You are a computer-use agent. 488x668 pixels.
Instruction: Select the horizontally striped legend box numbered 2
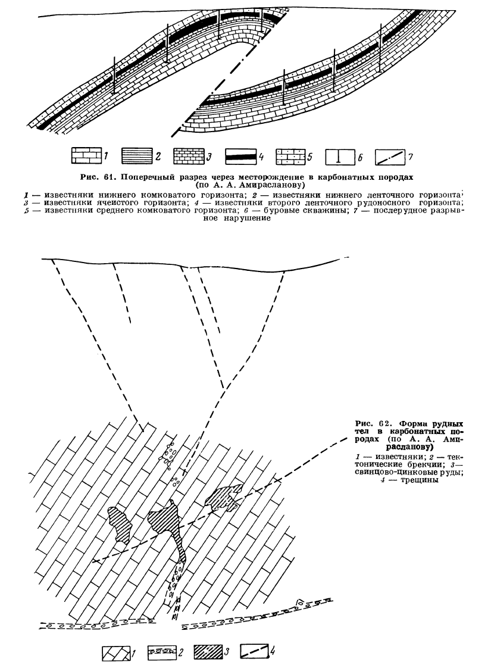click(137, 157)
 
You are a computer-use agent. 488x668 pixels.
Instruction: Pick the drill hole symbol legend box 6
click(340, 157)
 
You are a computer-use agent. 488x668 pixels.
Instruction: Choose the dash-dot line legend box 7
click(391, 157)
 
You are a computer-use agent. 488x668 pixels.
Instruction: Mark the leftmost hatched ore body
click(123, 523)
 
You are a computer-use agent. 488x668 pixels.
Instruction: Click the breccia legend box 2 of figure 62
click(158, 653)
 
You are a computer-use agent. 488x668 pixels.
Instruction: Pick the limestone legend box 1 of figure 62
click(110, 653)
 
